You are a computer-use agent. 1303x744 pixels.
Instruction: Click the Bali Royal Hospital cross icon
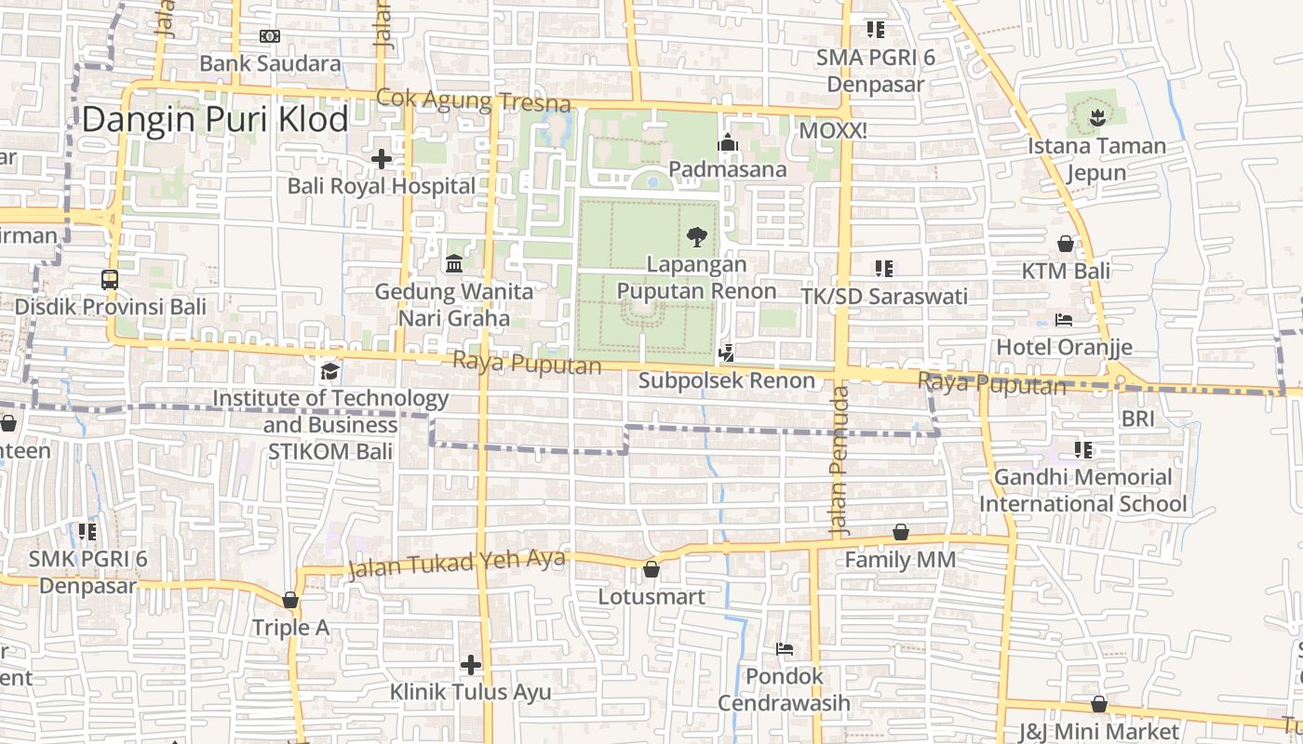[381, 159]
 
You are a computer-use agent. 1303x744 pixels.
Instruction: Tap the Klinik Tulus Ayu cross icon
[471, 665]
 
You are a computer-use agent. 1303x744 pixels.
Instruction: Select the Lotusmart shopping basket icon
[651, 569]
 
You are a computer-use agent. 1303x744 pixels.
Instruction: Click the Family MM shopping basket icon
[900, 532]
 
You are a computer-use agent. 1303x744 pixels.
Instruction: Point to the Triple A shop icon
[290, 600]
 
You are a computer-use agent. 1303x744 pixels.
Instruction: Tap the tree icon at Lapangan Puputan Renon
[696, 237]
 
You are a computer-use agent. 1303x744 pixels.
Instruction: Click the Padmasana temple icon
[727, 142]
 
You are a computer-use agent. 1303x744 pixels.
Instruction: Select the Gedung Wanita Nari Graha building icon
[454, 264]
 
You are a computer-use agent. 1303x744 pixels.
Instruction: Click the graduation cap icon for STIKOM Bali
[329, 372]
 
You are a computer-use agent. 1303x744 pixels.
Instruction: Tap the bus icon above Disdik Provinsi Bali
[110, 279]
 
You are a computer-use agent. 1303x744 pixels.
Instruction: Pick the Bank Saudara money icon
[270, 36]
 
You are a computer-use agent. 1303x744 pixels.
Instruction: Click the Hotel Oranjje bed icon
[1064, 320]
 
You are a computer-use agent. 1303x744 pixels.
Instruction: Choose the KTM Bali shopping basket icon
[1066, 244]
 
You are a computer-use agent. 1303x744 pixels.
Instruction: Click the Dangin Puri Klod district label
[215, 120]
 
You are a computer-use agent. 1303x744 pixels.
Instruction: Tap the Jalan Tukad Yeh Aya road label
[456, 564]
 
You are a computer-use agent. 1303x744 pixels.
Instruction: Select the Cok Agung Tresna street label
[473, 100]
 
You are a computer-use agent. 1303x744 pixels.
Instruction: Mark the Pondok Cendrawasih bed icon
[785, 648]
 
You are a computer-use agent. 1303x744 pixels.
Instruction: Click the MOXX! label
[833, 131]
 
